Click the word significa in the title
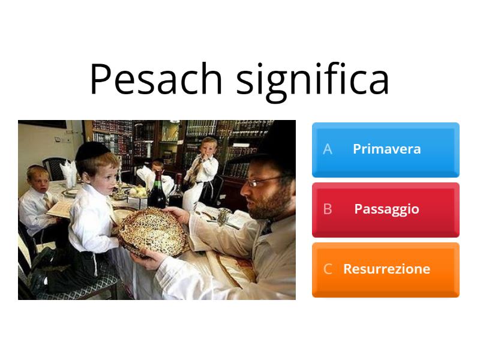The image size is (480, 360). coord(313,79)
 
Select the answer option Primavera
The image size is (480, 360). coord(386,149)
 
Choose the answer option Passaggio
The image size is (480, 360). coord(386,209)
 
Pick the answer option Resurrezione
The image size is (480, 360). coord(386,269)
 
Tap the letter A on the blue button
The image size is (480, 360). coord(328,149)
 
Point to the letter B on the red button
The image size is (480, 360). coord(328,209)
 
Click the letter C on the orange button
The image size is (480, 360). coord(328,269)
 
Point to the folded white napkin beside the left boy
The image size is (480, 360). coord(71,174)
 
